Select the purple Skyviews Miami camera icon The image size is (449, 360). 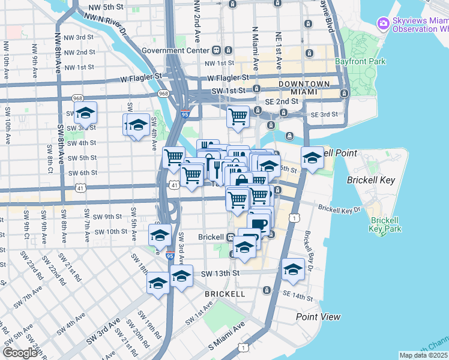point(382,23)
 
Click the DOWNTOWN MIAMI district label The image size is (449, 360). point(304,87)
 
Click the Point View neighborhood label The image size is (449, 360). point(318,316)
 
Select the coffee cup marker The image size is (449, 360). point(259,224)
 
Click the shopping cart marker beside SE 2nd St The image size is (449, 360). point(238,115)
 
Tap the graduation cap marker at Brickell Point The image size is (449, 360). point(312,158)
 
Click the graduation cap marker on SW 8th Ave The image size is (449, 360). point(85,112)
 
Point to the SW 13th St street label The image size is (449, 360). point(220,273)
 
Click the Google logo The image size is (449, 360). point(20,353)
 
